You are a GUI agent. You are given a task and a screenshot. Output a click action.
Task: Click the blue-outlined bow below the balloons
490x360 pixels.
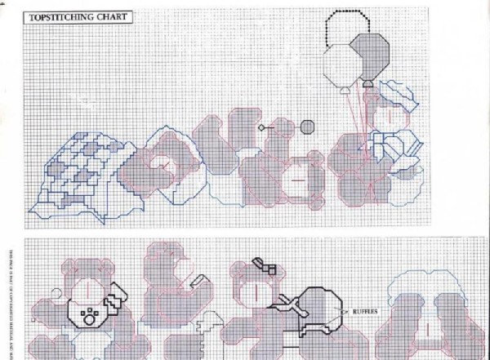coord(385,146)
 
